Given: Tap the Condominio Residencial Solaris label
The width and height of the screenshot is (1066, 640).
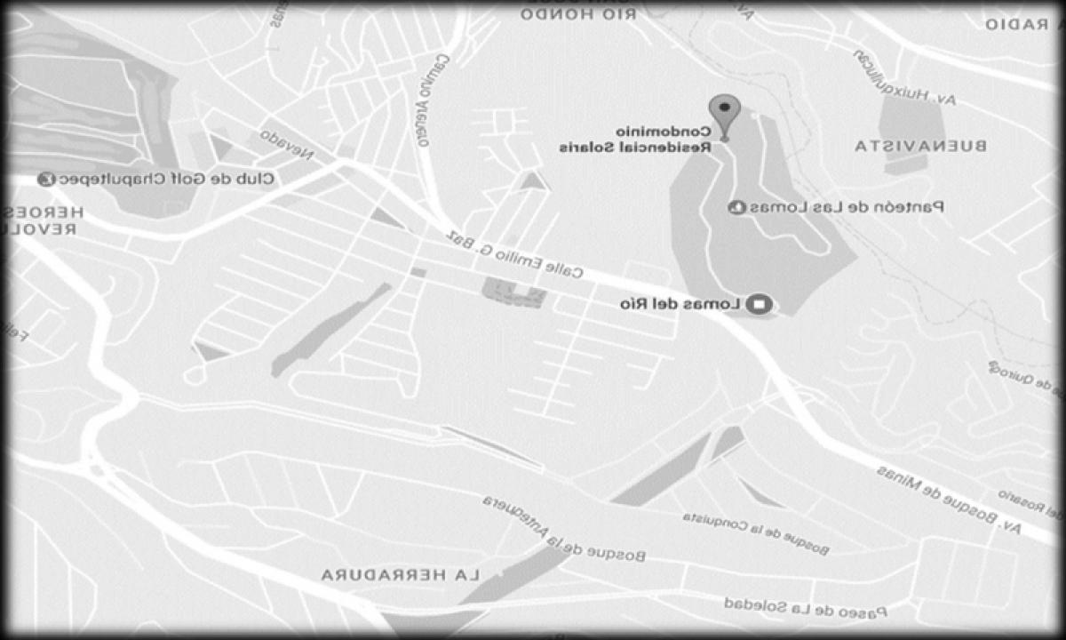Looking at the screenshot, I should [635, 141].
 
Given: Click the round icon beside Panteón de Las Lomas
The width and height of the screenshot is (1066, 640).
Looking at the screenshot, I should [735, 207].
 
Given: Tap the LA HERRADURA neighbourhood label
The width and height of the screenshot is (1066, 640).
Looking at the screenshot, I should [401, 575].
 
